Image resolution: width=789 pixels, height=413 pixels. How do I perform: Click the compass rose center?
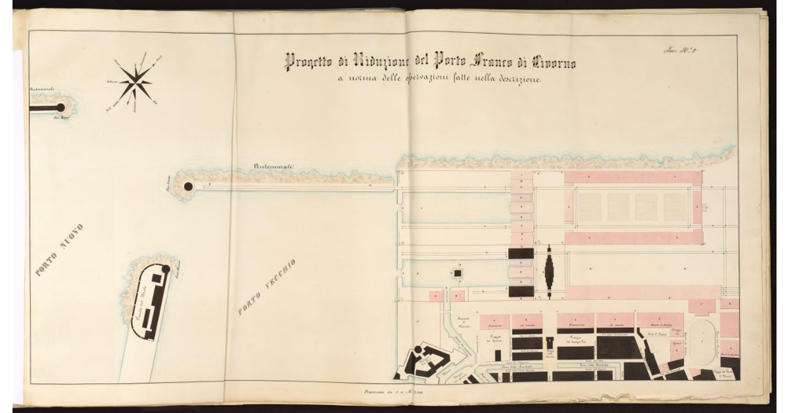click(x=136, y=83)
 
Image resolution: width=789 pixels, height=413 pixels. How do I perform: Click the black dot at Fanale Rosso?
click(x=60, y=107)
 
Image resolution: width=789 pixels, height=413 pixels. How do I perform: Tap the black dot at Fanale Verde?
click(x=188, y=187)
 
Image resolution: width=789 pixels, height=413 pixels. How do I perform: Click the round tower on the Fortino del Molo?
click(x=166, y=269)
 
